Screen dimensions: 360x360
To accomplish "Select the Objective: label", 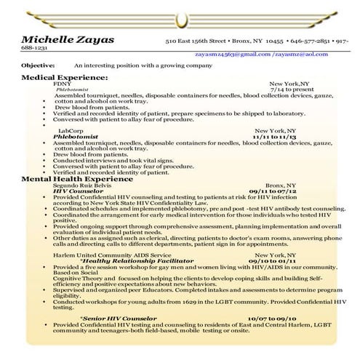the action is click(39, 65).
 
